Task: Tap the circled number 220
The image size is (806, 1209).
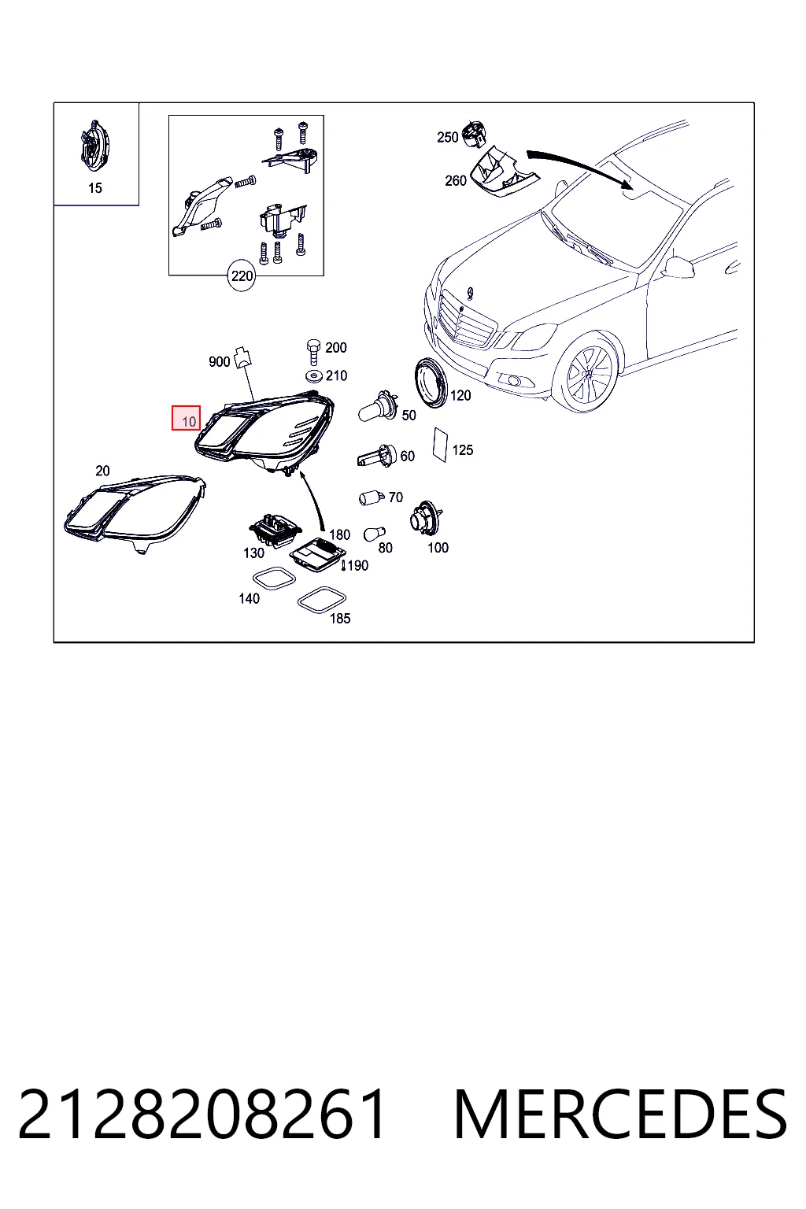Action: point(242,276)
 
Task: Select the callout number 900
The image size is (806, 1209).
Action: point(219,361)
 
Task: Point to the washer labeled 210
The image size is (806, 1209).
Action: point(313,375)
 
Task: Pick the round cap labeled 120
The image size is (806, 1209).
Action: point(431,383)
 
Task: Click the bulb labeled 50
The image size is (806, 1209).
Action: point(379,408)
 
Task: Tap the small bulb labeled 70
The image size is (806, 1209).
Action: point(372,497)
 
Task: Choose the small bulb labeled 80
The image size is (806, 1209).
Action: point(374,533)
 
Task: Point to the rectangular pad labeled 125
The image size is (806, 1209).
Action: point(441,445)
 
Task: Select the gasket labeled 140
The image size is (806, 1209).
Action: point(274,578)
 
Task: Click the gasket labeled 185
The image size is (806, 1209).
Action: point(322,601)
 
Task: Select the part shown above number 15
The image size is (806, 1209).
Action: point(94,147)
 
